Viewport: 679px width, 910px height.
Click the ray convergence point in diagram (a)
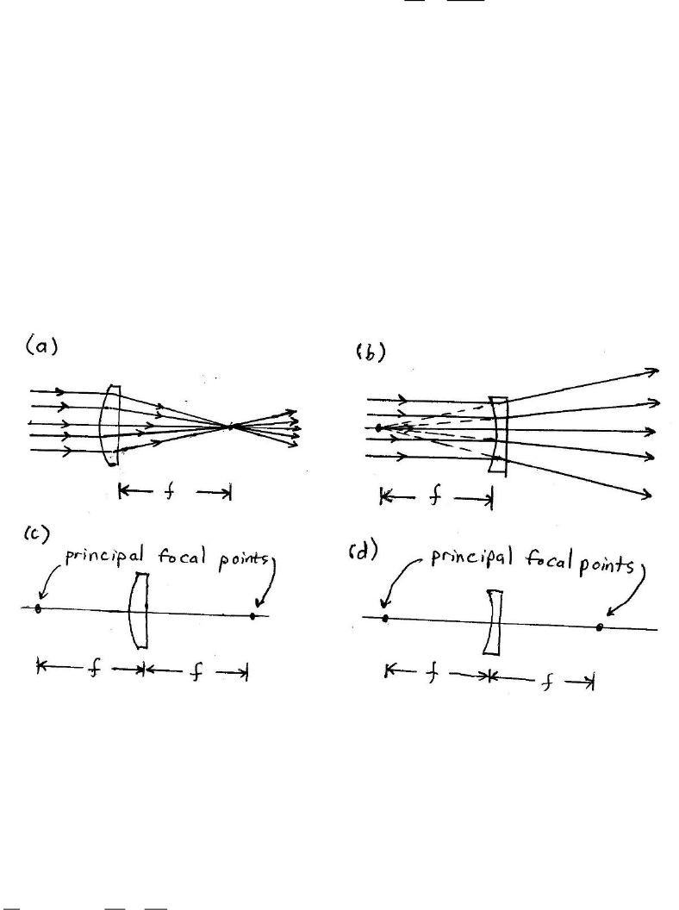tap(231, 426)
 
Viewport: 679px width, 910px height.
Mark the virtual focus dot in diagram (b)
tap(378, 427)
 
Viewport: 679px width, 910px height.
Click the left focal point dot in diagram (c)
tap(38, 608)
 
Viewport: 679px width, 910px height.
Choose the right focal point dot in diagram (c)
tap(252, 616)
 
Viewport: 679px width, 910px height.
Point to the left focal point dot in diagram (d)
tap(385, 618)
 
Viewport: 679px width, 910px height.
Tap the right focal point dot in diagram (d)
tap(599, 627)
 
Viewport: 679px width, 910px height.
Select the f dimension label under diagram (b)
tap(435, 497)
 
